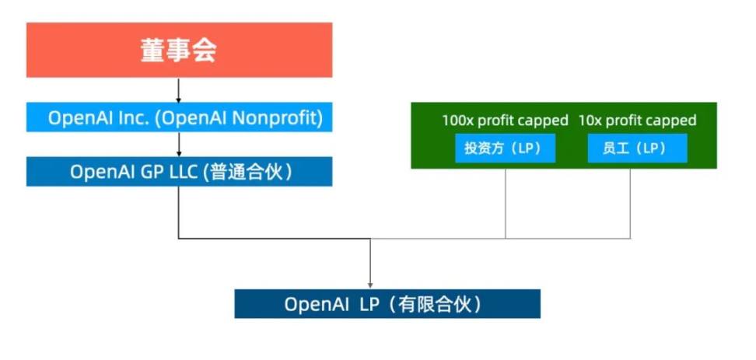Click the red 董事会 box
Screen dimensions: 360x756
tap(179, 50)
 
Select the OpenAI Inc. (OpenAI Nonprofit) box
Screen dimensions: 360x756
tap(179, 118)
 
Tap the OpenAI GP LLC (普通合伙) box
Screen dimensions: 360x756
tap(179, 172)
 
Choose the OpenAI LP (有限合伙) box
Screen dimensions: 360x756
tap(387, 304)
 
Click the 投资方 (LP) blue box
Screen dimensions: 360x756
tap(505, 149)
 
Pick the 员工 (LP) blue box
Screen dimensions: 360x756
tap(637, 149)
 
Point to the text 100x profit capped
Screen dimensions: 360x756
tap(505, 121)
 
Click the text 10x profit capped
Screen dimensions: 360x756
tap(637, 121)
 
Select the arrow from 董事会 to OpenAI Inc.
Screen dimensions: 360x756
tap(179, 90)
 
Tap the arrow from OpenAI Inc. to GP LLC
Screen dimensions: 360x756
tap(179, 144)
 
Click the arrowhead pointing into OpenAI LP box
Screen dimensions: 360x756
tap(370, 285)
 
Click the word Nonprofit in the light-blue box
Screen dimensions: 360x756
tap(279, 118)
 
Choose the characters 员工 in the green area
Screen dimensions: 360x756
tap(616, 149)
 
